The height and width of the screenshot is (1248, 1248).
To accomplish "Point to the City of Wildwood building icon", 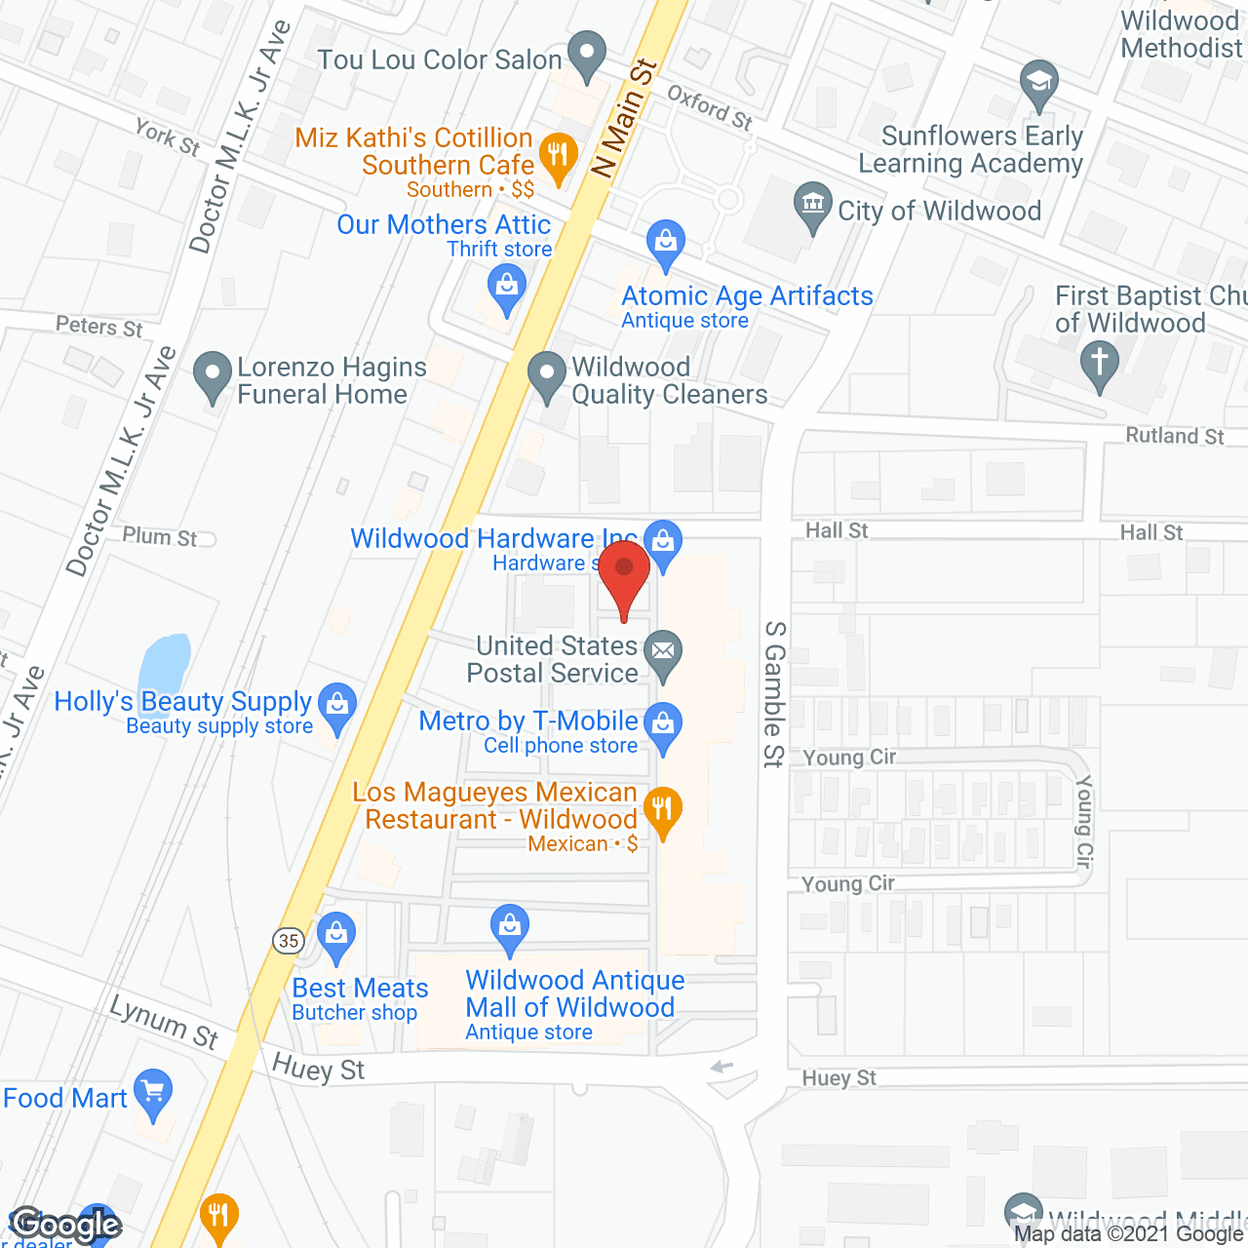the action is pyautogui.click(x=812, y=204).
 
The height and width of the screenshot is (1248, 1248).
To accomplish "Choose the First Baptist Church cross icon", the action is pyautogui.click(x=1100, y=363).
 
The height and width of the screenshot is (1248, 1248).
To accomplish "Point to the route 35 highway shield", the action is pyautogui.click(x=289, y=941).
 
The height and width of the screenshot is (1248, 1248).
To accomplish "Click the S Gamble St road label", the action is pyautogui.click(x=774, y=693).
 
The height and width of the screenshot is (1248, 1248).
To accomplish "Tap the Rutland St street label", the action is pyautogui.click(x=1174, y=436).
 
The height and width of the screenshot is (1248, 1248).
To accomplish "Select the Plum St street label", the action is pyautogui.click(x=159, y=536).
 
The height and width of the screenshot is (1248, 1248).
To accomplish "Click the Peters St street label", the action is pyautogui.click(x=98, y=326).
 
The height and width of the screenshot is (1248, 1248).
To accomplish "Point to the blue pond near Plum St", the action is pyautogui.click(x=165, y=665).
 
